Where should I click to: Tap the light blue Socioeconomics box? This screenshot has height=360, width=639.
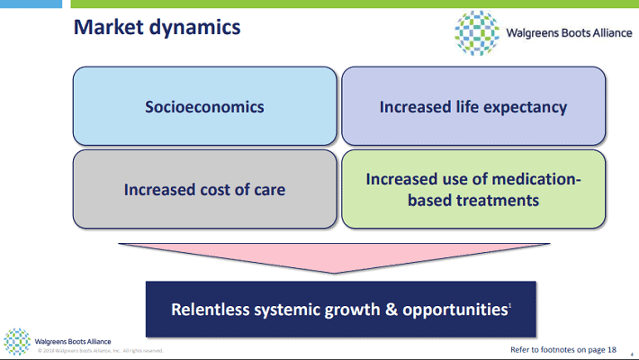point(204,107)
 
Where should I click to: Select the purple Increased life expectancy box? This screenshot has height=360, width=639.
point(472,107)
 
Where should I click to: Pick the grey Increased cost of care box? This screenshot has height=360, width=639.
point(204,189)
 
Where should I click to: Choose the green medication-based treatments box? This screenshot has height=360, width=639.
point(472,189)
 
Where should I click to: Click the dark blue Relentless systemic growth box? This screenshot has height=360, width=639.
point(341,310)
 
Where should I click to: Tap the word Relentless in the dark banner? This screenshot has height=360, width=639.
point(211,310)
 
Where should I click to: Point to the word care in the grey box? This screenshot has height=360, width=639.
point(267,190)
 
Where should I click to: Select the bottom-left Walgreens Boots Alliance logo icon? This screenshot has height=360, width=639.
point(17,342)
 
